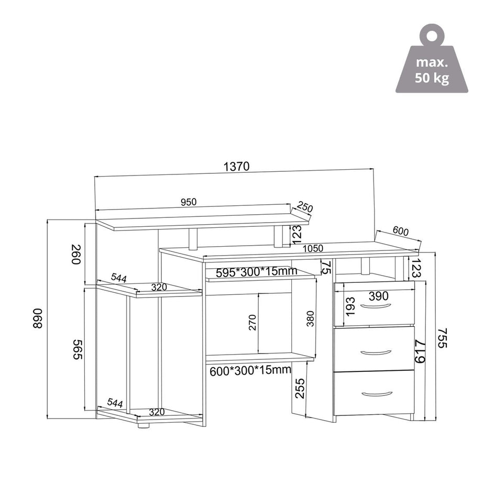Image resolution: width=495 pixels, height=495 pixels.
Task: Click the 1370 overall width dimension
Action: (236, 166)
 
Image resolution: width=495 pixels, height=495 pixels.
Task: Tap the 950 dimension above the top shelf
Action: (189, 202)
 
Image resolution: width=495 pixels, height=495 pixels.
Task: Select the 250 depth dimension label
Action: (305, 208)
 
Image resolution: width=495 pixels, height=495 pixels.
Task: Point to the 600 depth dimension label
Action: (401, 231)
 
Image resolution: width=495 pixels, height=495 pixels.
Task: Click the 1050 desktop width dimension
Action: (313, 248)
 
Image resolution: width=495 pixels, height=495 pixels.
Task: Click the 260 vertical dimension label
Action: (77, 255)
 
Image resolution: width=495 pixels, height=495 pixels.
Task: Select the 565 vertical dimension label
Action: (78, 349)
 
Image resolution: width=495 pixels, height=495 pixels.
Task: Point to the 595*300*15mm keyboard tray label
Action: (257, 271)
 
